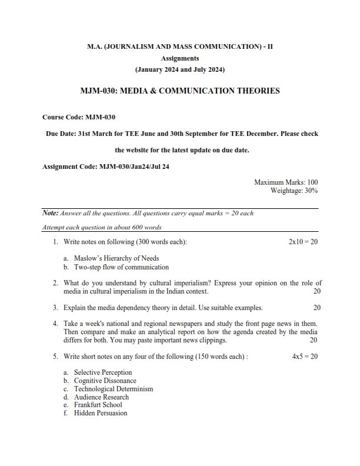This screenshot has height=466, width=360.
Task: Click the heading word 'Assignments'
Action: click(x=180, y=58)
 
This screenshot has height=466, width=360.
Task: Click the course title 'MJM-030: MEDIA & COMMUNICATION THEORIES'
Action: click(x=180, y=91)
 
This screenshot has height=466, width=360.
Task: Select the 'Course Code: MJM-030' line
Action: click(x=79, y=117)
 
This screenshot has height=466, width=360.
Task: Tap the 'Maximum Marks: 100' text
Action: click(x=286, y=183)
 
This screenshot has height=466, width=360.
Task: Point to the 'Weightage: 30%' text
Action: click(x=294, y=191)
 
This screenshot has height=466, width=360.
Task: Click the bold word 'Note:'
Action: click(x=51, y=213)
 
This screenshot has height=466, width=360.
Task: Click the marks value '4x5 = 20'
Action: click(x=305, y=357)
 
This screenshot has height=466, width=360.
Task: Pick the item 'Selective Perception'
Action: click(x=103, y=372)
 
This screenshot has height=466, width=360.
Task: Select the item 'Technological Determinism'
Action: click(x=114, y=389)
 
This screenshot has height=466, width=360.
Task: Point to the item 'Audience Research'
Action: click(x=101, y=397)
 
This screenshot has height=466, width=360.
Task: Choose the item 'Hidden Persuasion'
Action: click(x=101, y=413)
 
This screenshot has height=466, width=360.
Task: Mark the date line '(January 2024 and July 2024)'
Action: click(x=180, y=69)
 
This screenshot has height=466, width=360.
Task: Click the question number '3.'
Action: click(x=55, y=307)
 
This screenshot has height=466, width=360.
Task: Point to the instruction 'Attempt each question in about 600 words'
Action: click(x=102, y=228)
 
